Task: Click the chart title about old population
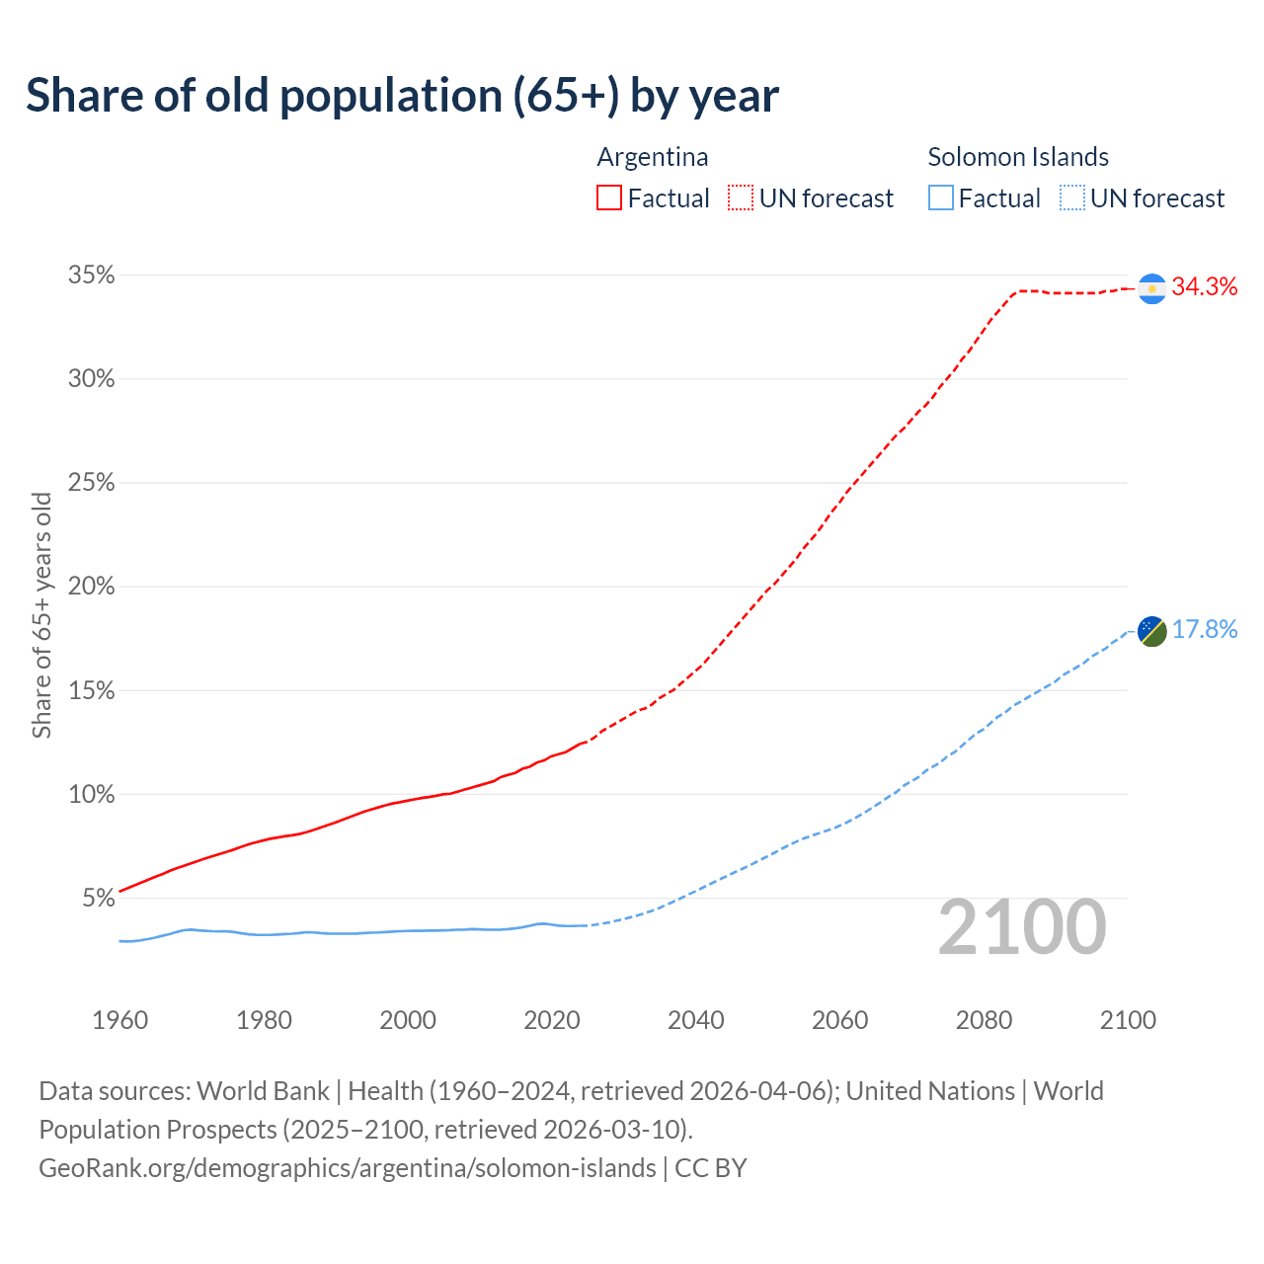pos(402,96)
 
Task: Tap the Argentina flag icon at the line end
pos(1152,288)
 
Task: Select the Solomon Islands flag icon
pos(1152,630)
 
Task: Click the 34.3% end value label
pos(1205,286)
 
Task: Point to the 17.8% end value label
pos(1205,630)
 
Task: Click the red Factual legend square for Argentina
pos(609,198)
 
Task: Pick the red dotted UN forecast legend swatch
pos(741,198)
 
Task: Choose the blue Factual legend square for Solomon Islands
pos(941,198)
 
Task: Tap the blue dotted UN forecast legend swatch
pos(1071,198)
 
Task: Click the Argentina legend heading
pos(653,157)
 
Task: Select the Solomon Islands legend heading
pos(1018,157)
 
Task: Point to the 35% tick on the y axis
pos(91,276)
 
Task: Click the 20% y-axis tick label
pos(91,587)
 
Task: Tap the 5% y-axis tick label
pos(98,899)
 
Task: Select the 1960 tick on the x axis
pos(120,1020)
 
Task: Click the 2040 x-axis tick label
pos(696,1020)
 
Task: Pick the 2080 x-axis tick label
pos(984,1020)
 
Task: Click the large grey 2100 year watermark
pos(1022,927)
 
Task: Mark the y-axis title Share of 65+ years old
pos(41,615)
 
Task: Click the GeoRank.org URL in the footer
pos(347,1168)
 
